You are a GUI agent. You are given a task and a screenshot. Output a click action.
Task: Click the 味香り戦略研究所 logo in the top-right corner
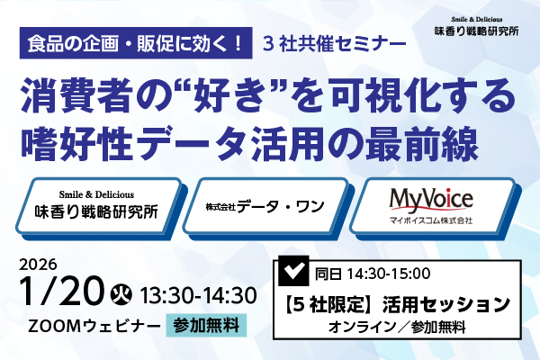(x=475, y=25)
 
